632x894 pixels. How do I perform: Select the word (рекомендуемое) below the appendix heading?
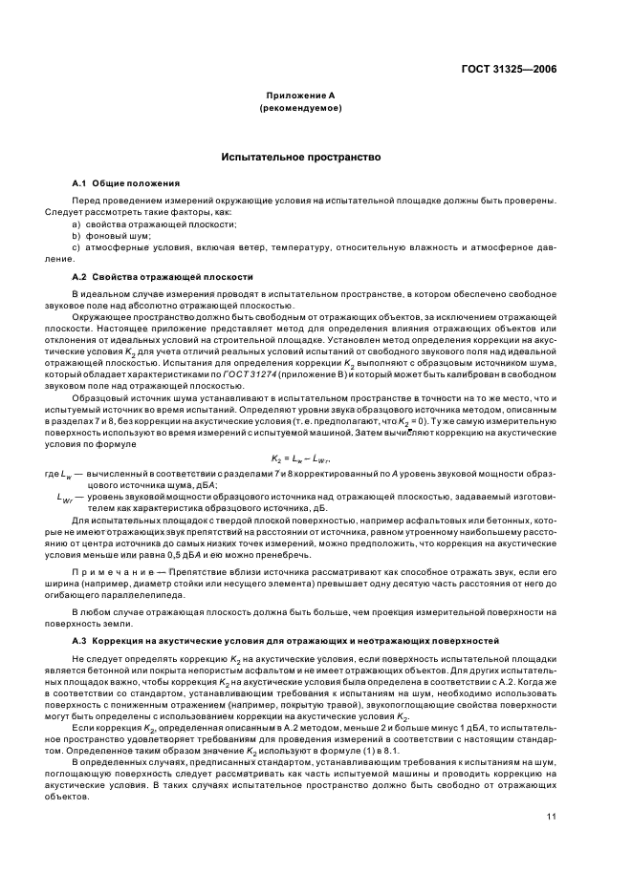tap(301, 109)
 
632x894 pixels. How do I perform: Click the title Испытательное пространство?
tap(301, 156)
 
